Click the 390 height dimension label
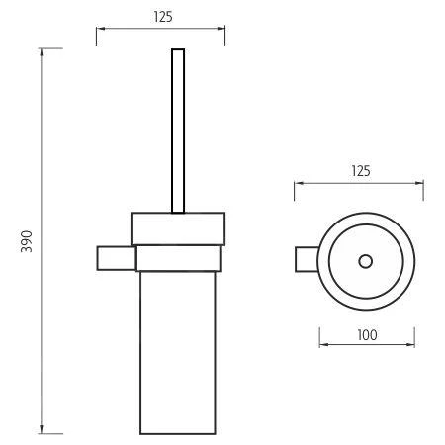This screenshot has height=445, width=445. (27, 241)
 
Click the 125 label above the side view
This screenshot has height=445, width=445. (163, 17)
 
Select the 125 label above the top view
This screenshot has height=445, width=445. (361, 171)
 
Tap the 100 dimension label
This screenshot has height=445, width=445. (367, 335)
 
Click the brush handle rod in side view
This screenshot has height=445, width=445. (178, 131)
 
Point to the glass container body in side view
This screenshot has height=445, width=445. (178, 353)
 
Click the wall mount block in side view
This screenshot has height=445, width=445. (117, 258)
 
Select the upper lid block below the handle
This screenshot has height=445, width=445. (178, 228)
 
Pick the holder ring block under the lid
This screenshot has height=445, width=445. (178, 258)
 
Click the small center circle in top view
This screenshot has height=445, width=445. (366, 261)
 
